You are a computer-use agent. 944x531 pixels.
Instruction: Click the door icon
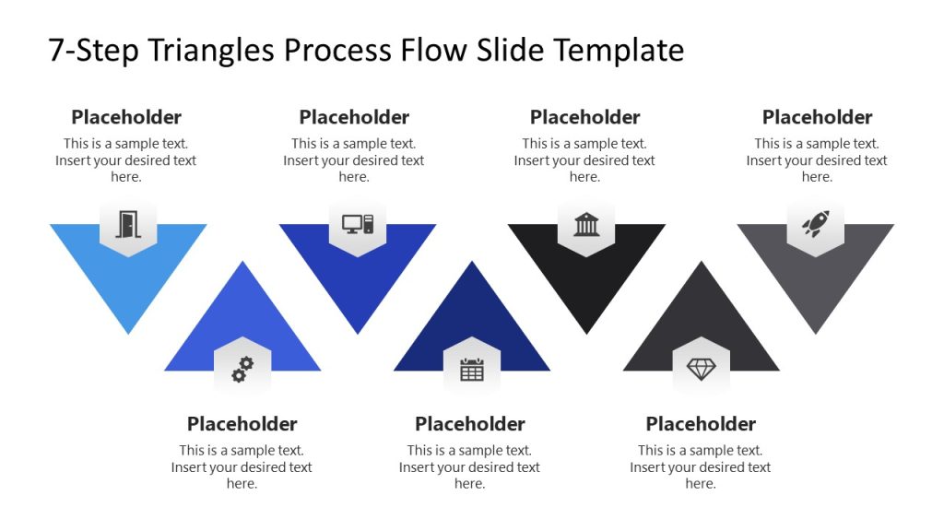pyautogui.click(x=127, y=224)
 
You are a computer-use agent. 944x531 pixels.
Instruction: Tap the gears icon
pyautogui.click(x=242, y=370)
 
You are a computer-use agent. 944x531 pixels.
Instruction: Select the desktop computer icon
pyautogui.click(x=358, y=223)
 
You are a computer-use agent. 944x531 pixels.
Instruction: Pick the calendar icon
pyautogui.click(x=472, y=370)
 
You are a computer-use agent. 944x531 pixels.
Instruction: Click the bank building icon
pyautogui.click(x=586, y=224)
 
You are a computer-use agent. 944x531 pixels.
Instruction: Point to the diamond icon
pyautogui.click(x=702, y=370)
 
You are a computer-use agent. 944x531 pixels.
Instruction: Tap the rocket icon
pyautogui.click(x=815, y=223)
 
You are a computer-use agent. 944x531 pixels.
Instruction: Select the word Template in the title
pyautogui.click(x=619, y=50)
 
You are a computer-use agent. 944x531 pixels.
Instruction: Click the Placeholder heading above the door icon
pyautogui.click(x=126, y=117)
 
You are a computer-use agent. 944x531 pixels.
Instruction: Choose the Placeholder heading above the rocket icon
pyautogui.click(x=817, y=117)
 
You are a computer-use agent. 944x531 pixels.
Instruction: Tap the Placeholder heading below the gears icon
pyautogui.click(x=242, y=424)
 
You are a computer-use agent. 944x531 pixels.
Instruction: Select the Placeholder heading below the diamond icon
pyautogui.click(x=701, y=424)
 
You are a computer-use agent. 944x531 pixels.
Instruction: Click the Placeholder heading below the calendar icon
pyautogui.click(x=470, y=424)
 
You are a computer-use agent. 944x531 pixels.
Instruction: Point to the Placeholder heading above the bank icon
pyautogui.click(x=584, y=117)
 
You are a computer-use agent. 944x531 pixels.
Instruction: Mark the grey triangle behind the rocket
pyautogui.click(x=816, y=286)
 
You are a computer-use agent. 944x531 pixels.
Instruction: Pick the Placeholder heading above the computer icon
pyautogui.click(x=354, y=117)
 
